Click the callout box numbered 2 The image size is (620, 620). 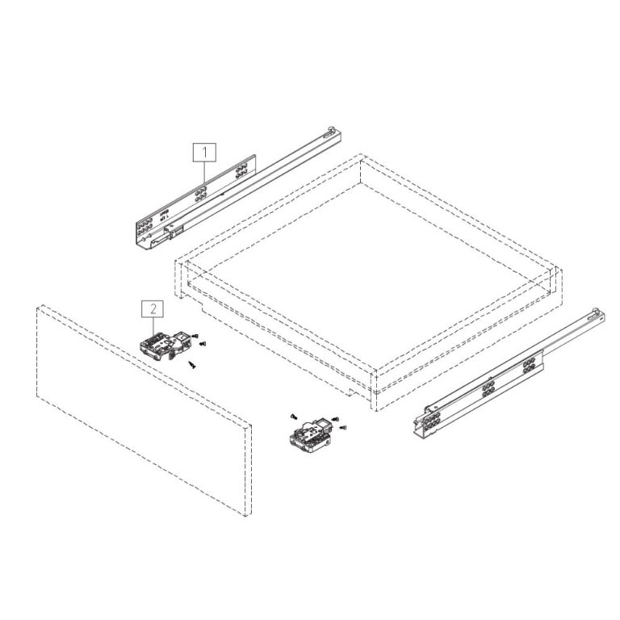click(x=152, y=308)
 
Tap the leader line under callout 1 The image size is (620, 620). click(x=205, y=173)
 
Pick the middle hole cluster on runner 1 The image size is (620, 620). click(x=200, y=192)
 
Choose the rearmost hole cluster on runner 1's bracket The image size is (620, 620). click(x=240, y=170)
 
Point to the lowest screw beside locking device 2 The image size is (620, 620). click(x=192, y=365)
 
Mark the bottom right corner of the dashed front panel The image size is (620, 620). click(x=245, y=515)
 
